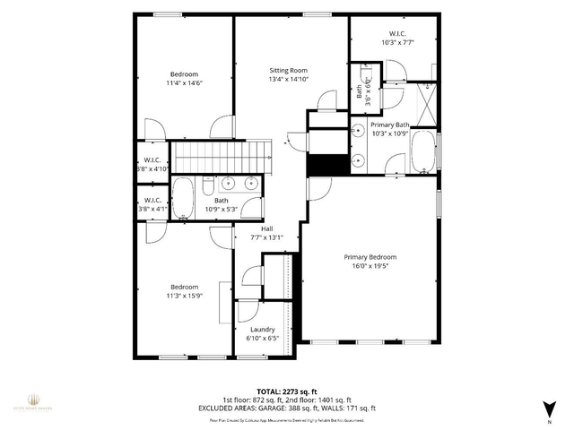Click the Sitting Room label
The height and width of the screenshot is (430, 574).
(x=289, y=70)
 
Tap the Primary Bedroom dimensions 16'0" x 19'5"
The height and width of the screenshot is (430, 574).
(x=370, y=266)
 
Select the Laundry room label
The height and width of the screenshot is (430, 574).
(x=262, y=329)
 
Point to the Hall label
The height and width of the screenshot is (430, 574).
(x=266, y=228)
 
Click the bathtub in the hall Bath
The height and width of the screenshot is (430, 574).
(x=183, y=198)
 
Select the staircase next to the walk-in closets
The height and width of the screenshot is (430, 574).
(x=222, y=157)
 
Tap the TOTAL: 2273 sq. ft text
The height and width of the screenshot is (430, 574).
(x=287, y=391)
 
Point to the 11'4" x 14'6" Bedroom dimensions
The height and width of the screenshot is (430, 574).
(x=184, y=83)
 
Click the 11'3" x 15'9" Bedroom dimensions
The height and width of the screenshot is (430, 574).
(x=185, y=295)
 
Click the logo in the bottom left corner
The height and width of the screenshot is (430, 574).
(x=32, y=400)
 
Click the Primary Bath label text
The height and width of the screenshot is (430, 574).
(x=389, y=125)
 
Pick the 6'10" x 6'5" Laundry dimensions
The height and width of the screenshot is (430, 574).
(x=262, y=339)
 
